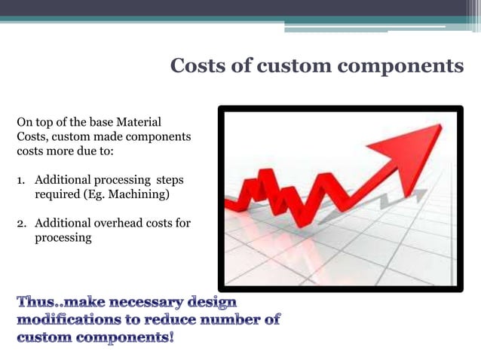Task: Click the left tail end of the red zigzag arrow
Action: [x=228, y=203]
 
